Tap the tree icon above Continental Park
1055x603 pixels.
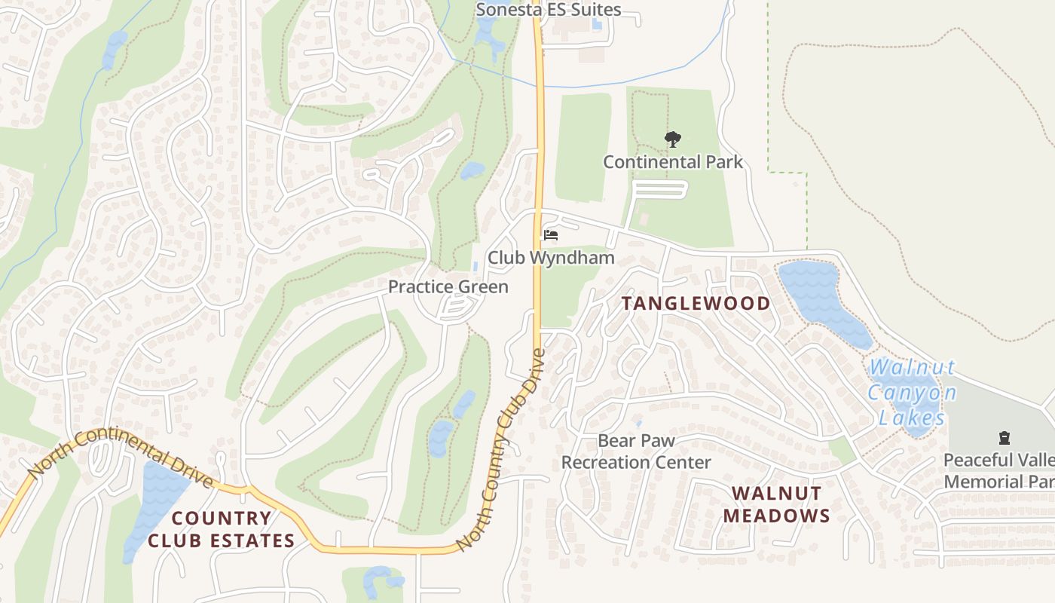point(672,139)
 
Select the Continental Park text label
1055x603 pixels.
point(672,161)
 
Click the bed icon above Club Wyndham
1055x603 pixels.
point(551,236)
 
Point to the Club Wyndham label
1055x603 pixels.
point(551,258)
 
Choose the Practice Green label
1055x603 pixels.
point(448,286)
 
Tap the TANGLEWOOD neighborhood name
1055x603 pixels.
point(696,304)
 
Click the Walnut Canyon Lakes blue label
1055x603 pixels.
point(911,393)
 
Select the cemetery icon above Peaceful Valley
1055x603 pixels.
point(1004,437)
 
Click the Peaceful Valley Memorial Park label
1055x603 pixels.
point(998,470)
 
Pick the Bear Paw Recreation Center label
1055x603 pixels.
point(636,451)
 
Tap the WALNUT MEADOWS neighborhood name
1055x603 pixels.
point(776,504)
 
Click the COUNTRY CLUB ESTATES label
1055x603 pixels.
point(221,529)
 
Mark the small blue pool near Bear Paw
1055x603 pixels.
point(638,423)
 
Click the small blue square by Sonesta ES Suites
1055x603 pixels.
point(597,24)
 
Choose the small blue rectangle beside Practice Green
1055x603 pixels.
point(475,267)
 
